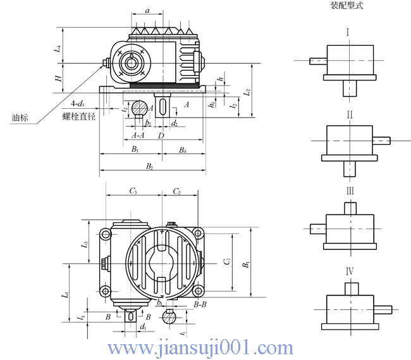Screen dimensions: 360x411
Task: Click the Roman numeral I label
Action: (347, 32)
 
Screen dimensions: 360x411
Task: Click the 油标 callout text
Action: (20, 118)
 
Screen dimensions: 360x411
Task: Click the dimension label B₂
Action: (150, 166)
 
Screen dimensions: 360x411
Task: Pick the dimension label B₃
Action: (135, 149)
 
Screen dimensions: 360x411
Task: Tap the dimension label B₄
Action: (182, 149)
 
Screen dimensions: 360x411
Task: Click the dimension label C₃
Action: (134, 190)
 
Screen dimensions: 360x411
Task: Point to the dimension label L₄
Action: (58, 48)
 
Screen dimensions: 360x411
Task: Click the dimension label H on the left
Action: (58, 78)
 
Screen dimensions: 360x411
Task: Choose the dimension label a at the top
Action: (147, 11)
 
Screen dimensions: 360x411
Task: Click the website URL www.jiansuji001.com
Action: (200, 347)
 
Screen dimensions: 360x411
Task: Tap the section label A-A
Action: (137, 135)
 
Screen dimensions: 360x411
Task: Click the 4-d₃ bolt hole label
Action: (77, 103)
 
